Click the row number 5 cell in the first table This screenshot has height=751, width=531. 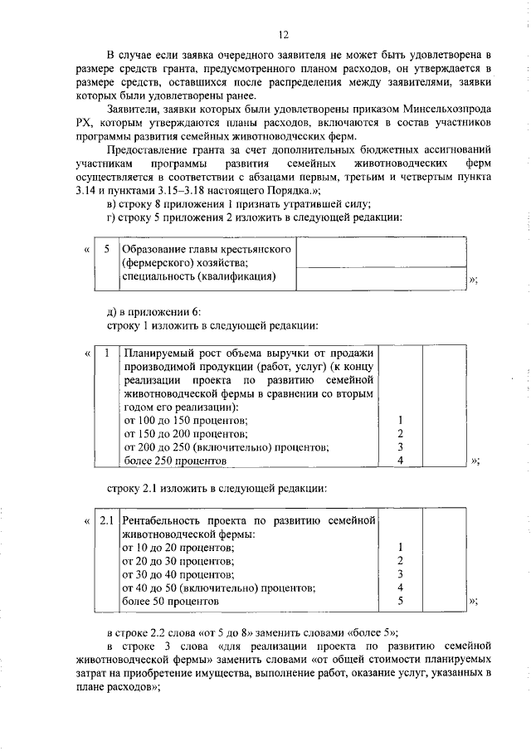106,249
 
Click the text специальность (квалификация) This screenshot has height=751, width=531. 198,276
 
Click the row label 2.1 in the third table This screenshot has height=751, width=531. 106,520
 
